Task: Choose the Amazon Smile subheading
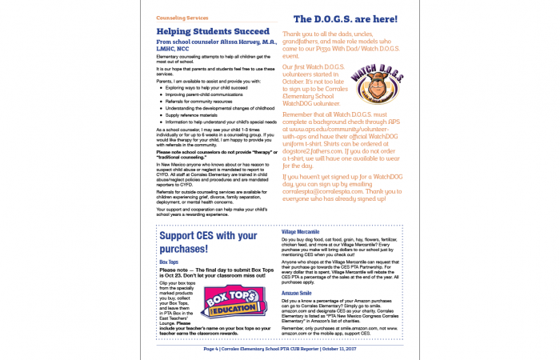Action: [296, 294]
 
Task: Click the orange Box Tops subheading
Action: [168, 262]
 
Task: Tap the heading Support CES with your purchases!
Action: [208, 241]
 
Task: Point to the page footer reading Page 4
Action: [278, 349]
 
